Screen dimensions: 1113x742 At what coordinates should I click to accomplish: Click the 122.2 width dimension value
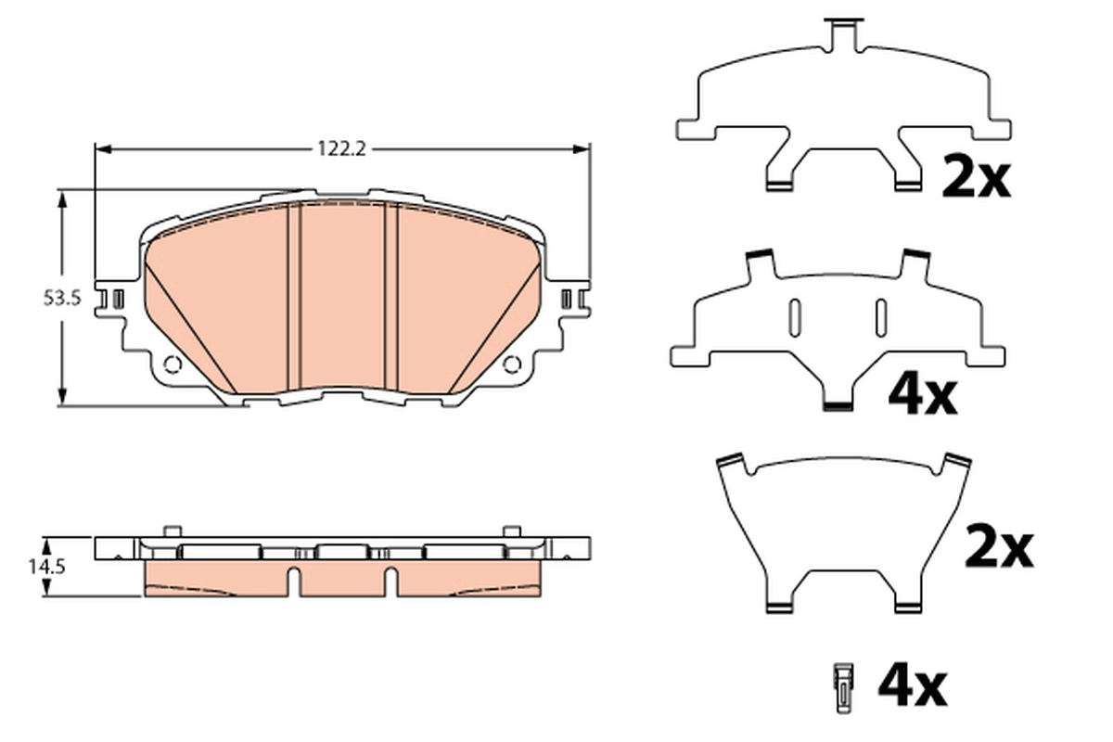(x=342, y=148)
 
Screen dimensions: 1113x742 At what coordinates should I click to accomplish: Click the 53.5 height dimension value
(x=62, y=299)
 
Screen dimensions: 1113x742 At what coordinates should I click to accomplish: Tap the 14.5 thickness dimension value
(x=46, y=567)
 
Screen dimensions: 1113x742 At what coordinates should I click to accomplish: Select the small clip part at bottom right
(x=844, y=688)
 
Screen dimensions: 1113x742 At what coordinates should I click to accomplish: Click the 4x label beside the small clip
(x=913, y=687)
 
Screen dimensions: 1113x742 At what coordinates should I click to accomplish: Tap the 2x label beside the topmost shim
(x=977, y=175)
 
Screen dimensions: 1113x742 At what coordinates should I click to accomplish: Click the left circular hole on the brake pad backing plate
(x=172, y=365)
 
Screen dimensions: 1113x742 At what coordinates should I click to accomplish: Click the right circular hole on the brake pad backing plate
(x=512, y=365)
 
